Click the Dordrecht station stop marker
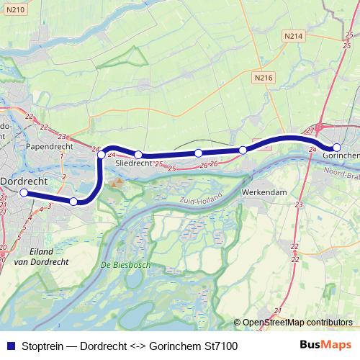24,193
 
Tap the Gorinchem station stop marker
336,147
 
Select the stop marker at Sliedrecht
138,154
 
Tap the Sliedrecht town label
133,164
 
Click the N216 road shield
263,76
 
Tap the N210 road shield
16,9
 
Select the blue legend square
9,346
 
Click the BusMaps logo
325,346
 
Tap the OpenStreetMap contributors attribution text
297,323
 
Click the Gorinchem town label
341,156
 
